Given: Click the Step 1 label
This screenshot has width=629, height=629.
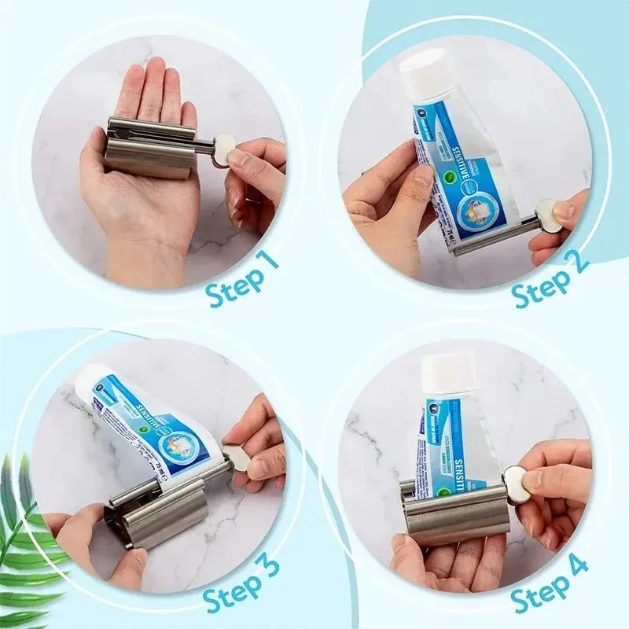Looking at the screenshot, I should pos(243,279).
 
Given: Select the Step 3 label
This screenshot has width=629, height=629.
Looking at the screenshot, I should pos(241,583).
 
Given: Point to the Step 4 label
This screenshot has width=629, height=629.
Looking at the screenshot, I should pos(550,583).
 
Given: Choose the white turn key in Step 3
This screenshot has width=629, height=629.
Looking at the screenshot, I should pos(235,458).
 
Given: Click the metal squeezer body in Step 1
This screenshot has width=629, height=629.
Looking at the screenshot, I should pos(149,149).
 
